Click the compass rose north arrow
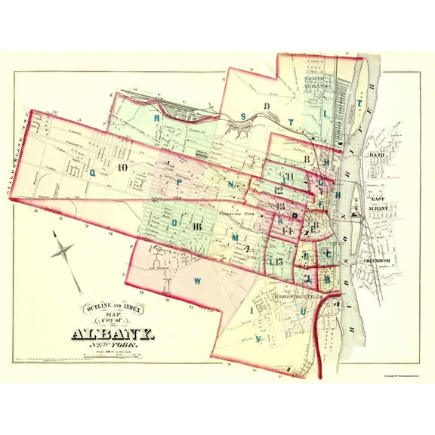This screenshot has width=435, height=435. [x=66, y=250]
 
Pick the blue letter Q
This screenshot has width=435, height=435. [x=94, y=171]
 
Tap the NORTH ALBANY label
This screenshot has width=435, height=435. [x=318, y=82]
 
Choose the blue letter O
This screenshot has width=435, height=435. [x=174, y=223]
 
